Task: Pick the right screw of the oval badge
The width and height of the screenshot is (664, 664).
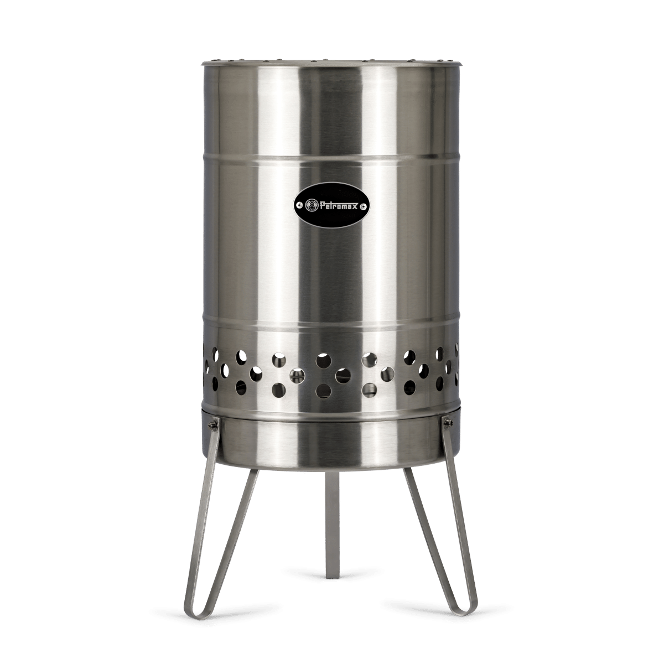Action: click(364, 206)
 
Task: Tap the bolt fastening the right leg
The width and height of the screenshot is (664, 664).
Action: click(448, 422)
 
